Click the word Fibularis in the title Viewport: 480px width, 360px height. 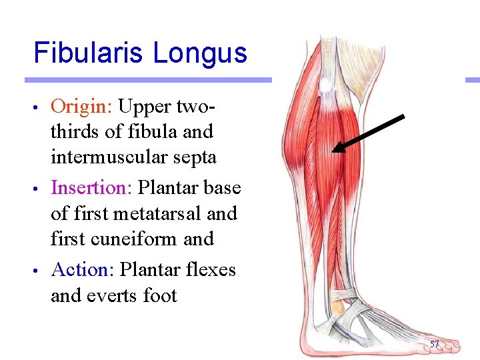[x=89, y=53]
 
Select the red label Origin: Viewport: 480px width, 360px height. [x=81, y=106]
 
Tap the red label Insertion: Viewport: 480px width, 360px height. [x=92, y=188]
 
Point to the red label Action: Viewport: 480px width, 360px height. [x=83, y=269]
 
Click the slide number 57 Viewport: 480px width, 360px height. [x=435, y=344]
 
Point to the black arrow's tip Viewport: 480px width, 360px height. [x=334, y=151]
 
